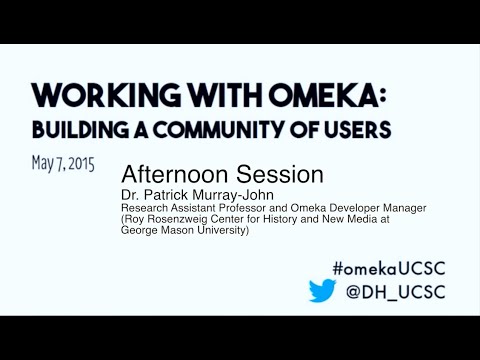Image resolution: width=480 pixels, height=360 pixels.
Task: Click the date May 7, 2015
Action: click(63, 162)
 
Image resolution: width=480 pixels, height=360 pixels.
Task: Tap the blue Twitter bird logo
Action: click(322, 291)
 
